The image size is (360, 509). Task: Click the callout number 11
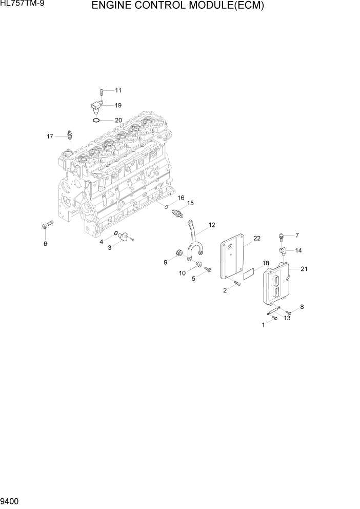click(x=118, y=91)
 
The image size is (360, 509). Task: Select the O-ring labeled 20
click(x=96, y=121)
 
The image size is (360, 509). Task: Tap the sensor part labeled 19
click(x=96, y=107)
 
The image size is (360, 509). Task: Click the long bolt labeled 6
click(x=47, y=225)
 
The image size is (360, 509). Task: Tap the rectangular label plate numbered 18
click(x=249, y=273)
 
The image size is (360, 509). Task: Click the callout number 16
click(x=181, y=198)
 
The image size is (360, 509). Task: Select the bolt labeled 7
click(x=281, y=237)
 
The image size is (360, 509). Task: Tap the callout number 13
click(x=287, y=318)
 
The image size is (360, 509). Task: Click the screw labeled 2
click(x=237, y=283)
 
